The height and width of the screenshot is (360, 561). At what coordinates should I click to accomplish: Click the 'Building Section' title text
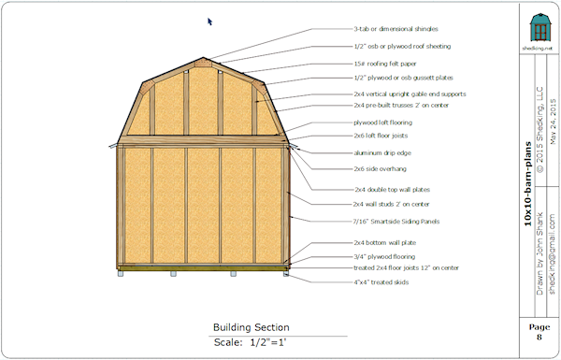pyautogui.click(x=251, y=327)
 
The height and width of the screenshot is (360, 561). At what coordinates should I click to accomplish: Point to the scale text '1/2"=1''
pyautogui.click(x=271, y=342)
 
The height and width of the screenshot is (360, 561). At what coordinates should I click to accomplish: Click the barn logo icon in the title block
pyautogui.click(x=538, y=26)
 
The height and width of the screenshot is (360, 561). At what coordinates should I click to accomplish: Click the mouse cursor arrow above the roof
pyautogui.click(x=209, y=21)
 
